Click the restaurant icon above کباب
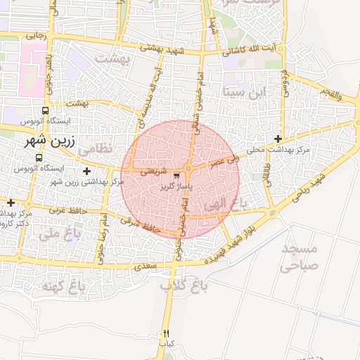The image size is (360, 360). point(166,333)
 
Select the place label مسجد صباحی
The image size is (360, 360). point(300,257)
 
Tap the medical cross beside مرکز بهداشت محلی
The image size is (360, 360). point(279,139)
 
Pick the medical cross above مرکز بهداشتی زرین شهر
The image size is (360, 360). point(86,171)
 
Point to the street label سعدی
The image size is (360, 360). point(144,266)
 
